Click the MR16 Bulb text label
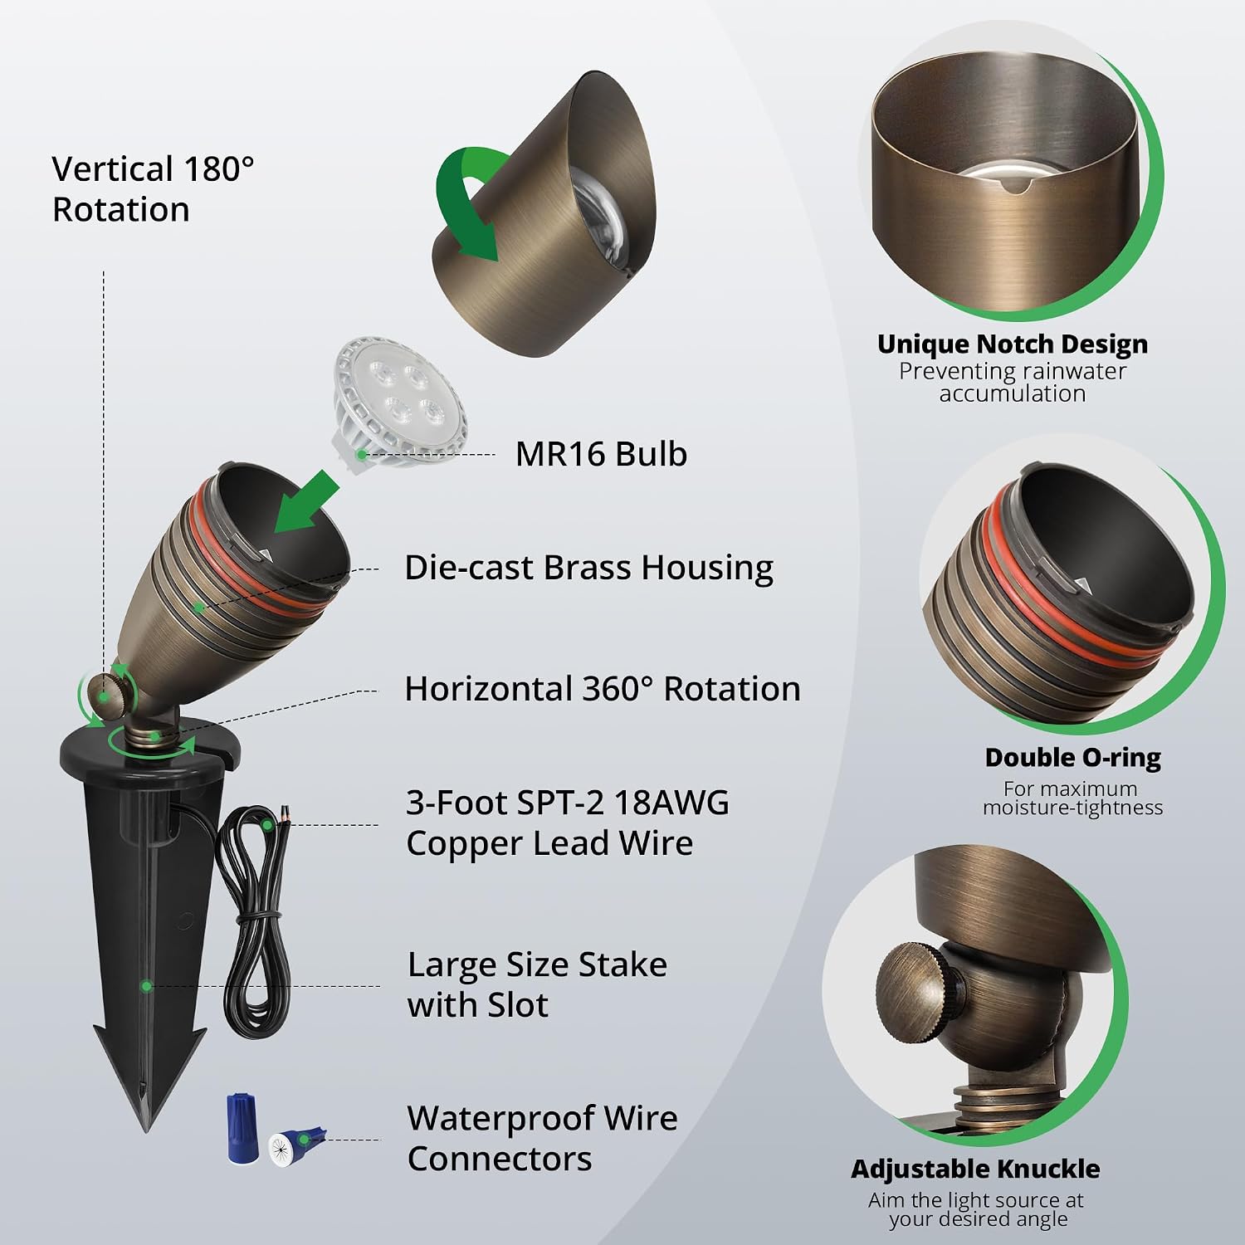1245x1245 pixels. [x=601, y=454]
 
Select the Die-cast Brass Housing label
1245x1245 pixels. [x=588, y=568]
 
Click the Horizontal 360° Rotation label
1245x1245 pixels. [x=603, y=689]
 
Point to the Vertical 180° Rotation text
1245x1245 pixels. [x=153, y=189]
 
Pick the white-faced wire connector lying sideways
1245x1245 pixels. [x=297, y=1147]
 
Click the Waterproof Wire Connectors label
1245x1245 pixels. [x=542, y=1138]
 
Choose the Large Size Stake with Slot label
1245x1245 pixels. [x=537, y=984]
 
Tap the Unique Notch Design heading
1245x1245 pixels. [x=1013, y=344]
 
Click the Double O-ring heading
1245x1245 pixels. [x=1072, y=757]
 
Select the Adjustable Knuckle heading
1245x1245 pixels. [x=975, y=1169]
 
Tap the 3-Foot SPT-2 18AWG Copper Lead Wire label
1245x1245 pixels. [x=568, y=823]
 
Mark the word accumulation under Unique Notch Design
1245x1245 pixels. [x=1013, y=393]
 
